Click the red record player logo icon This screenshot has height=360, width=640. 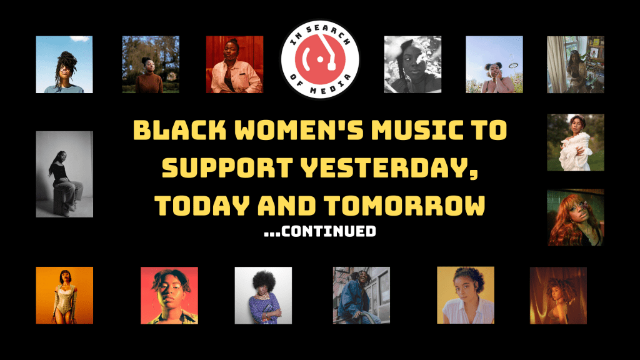[x=320, y=59]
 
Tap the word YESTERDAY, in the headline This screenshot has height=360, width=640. [x=389, y=167]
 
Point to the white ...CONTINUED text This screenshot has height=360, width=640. [x=320, y=231]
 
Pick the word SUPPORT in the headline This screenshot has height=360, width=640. [x=227, y=167]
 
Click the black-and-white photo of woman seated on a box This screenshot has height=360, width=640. [x=64, y=174]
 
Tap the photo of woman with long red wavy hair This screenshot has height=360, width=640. [x=576, y=217]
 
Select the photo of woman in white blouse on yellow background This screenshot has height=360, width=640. [x=466, y=296]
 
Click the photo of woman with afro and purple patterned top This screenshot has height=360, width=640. [x=263, y=296]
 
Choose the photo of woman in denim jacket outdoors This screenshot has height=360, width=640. [x=362, y=296]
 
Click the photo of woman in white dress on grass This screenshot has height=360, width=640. [x=576, y=142]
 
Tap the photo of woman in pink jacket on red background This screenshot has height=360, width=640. [x=235, y=64]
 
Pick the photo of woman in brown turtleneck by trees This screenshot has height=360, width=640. [x=151, y=64]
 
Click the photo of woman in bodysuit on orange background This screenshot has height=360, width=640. [x=64, y=296]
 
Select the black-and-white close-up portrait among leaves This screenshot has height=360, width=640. [x=412, y=64]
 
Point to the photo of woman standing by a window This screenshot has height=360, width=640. [x=576, y=64]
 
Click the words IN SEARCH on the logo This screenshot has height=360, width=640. [x=320, y=32]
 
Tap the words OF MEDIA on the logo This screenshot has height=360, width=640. [x=320, y=86]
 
